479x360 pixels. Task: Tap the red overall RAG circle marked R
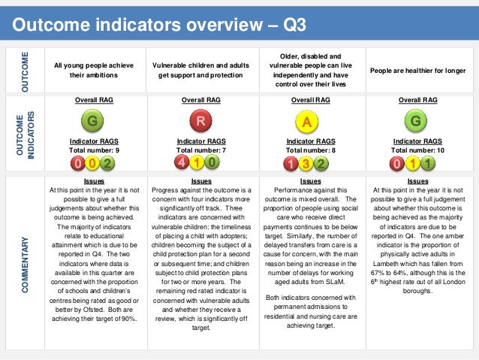coord(200,121)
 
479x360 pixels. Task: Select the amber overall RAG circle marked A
coord(306,121)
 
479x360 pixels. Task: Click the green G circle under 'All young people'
coord(93,121)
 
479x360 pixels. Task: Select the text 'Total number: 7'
coord(200,150)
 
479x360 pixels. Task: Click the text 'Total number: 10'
coord(417,150)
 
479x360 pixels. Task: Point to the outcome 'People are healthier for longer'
coord(418,70)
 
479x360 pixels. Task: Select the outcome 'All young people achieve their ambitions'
coord(94,70)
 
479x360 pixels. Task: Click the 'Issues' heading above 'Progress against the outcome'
coord(201,181)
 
